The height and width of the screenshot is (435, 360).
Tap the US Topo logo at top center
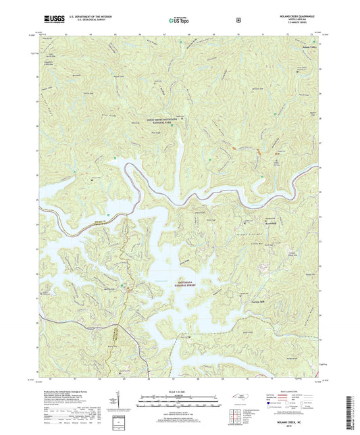[180, 20]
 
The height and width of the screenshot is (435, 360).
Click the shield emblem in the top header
[238, 20]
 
